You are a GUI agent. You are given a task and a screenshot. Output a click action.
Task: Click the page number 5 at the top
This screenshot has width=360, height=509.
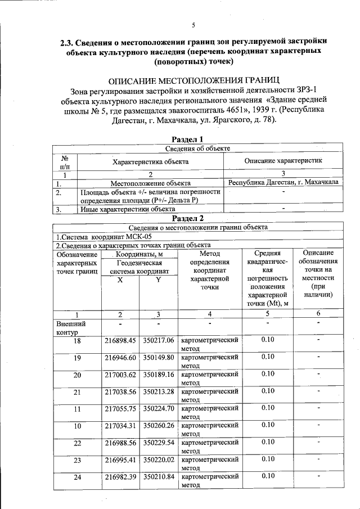click(192, 25)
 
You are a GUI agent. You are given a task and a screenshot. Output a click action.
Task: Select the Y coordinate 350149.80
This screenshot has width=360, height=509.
click(159, 357)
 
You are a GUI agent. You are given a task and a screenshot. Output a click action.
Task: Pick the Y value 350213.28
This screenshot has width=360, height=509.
click(159, 391)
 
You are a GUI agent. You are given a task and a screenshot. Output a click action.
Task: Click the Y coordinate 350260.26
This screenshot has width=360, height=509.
click(159, 425)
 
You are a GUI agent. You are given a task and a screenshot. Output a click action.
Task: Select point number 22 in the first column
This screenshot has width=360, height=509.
click(77, 443)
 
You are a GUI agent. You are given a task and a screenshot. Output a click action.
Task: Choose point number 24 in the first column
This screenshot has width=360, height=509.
click(77, 477)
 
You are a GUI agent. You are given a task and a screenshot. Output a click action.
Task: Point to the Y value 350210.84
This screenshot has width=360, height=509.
click(159, 477)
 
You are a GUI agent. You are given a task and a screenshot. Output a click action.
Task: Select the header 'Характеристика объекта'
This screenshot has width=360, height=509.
click(150, 161)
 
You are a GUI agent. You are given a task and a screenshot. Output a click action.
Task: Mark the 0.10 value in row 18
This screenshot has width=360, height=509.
click(268, 340)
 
